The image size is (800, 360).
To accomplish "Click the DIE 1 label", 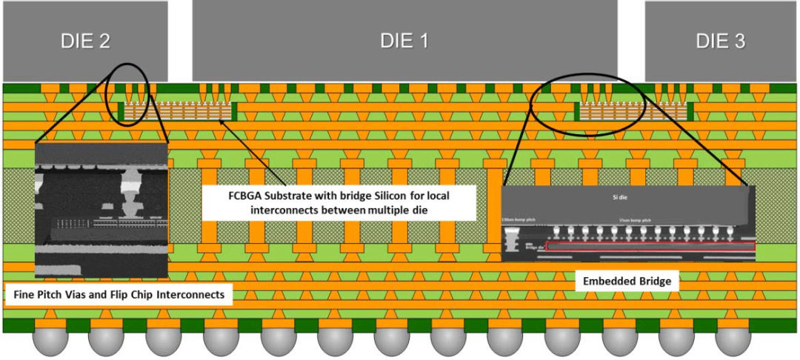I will coord(404,41).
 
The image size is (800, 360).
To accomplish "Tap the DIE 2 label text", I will coord(85,41).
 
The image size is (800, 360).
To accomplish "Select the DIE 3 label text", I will coord(720,41).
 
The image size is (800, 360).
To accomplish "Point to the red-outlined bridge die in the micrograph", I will coord(650,245).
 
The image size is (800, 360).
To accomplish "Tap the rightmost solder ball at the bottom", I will coord(733,341).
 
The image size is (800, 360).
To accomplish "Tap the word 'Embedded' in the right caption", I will coord(605,281).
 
